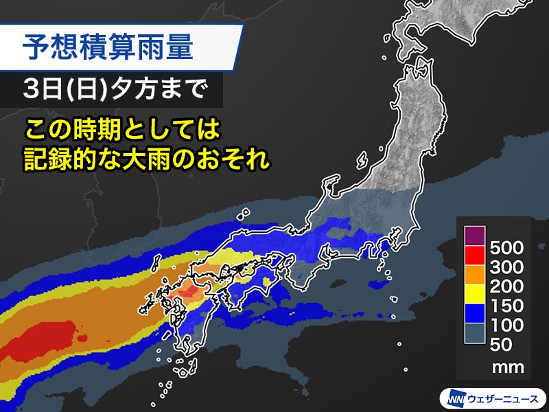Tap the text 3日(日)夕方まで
[113, 90]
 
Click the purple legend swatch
[473, 236]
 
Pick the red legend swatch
[473, 256]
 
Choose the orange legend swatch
[473, 276]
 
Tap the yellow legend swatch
[473, 295]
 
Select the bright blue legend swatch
[473, 315]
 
